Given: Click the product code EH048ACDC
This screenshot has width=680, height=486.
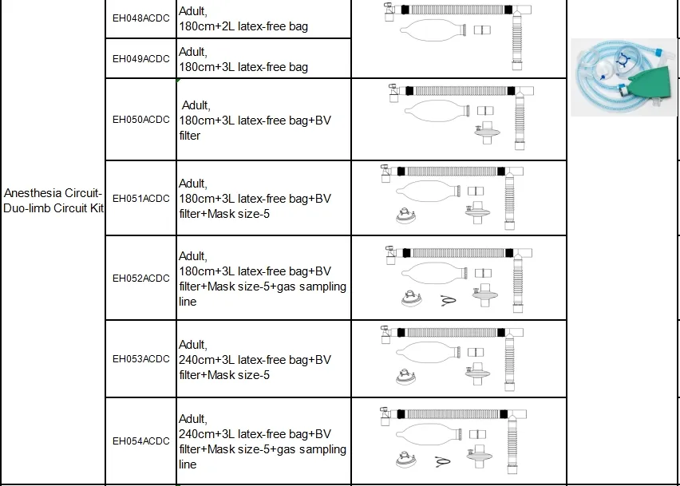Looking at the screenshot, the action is click(140, 19).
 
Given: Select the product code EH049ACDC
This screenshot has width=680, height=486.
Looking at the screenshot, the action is click(140, 58).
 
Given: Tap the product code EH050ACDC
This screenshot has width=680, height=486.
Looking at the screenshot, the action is click(140, 120).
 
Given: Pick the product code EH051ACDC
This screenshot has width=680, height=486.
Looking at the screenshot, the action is click(140, 198).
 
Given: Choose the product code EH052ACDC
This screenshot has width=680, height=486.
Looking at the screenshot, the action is click(140, 278).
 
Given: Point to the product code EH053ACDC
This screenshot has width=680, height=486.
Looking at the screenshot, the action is click(140, 359).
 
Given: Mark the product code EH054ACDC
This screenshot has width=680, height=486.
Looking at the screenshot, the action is click(140, 441).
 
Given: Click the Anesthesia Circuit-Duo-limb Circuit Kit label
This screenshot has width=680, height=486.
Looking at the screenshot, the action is click(53, 200).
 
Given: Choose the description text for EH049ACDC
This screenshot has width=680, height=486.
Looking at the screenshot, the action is click(243, 59).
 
